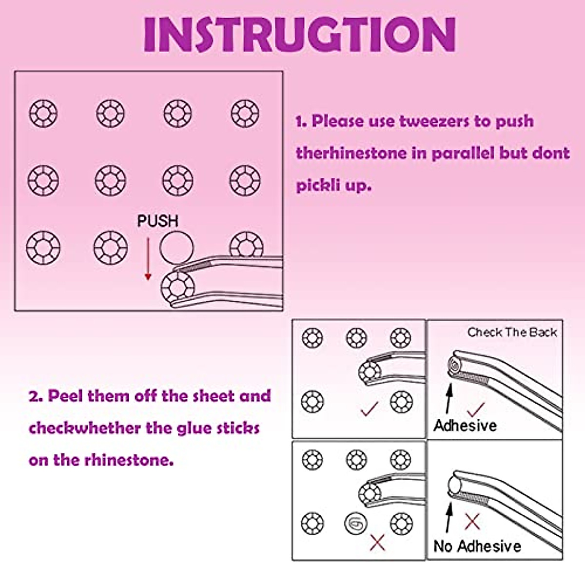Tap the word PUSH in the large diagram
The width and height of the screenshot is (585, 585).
[x=157, y=221]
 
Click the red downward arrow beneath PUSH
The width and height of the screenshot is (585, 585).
[x=148, y=260]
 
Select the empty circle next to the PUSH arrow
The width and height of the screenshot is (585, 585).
[x=176, y=247]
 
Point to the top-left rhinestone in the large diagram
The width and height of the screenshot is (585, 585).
[x=43, y=114]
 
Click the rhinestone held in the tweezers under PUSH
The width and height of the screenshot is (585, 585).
[x=177, y=286]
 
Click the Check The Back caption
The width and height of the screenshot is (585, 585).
[x=512, y=332]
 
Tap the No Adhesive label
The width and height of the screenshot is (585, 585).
[x=477, y=546]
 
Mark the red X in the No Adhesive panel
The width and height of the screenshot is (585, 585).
[x=472, y=522]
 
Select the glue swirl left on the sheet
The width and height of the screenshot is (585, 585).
[x=356, y=524]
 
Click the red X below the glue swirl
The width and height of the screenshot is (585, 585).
[x=377, y=542]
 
